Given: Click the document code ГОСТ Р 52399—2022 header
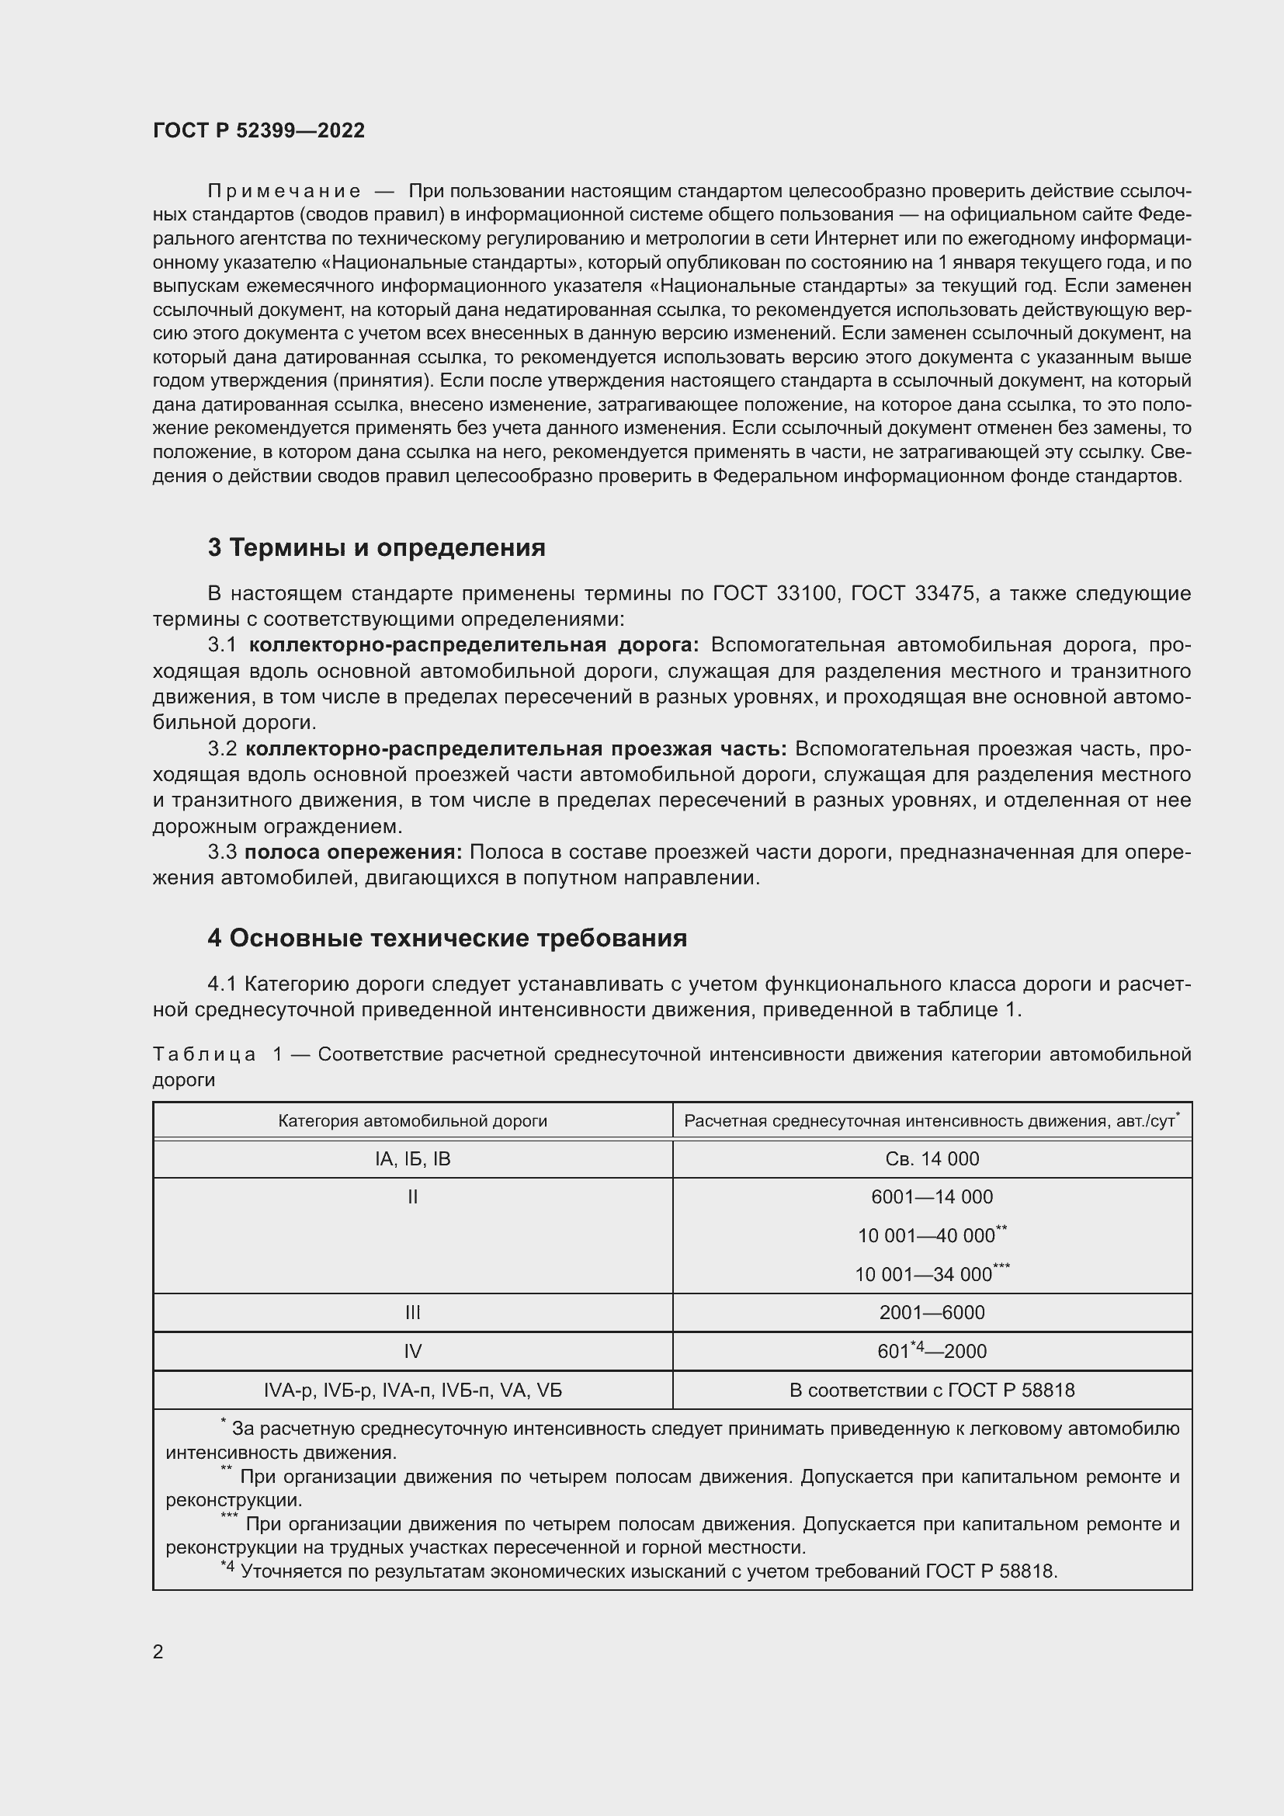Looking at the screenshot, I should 259,130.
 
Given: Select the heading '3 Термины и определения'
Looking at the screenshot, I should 377,547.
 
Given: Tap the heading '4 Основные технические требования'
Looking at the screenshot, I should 446,938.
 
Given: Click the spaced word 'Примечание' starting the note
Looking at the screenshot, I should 284,192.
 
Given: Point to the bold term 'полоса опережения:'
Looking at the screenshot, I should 352,852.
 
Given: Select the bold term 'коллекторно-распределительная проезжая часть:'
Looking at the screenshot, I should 515,748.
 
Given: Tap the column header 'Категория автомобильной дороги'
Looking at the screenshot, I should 412,1121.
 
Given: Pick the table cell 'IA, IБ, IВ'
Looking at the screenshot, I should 412,1158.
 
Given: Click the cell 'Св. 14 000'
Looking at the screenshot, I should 932,1158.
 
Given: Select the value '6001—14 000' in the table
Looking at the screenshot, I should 932,1196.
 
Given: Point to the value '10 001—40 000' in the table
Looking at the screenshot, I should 927,1235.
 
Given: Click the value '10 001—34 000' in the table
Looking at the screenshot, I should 924,1274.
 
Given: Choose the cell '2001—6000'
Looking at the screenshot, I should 932,1312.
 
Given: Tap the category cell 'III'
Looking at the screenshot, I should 412,1312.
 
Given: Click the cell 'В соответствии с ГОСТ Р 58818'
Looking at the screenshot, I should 932,1390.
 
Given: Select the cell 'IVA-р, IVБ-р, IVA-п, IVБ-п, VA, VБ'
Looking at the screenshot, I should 412,1390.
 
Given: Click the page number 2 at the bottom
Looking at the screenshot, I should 158,1651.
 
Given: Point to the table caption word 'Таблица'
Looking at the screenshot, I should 204,1054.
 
